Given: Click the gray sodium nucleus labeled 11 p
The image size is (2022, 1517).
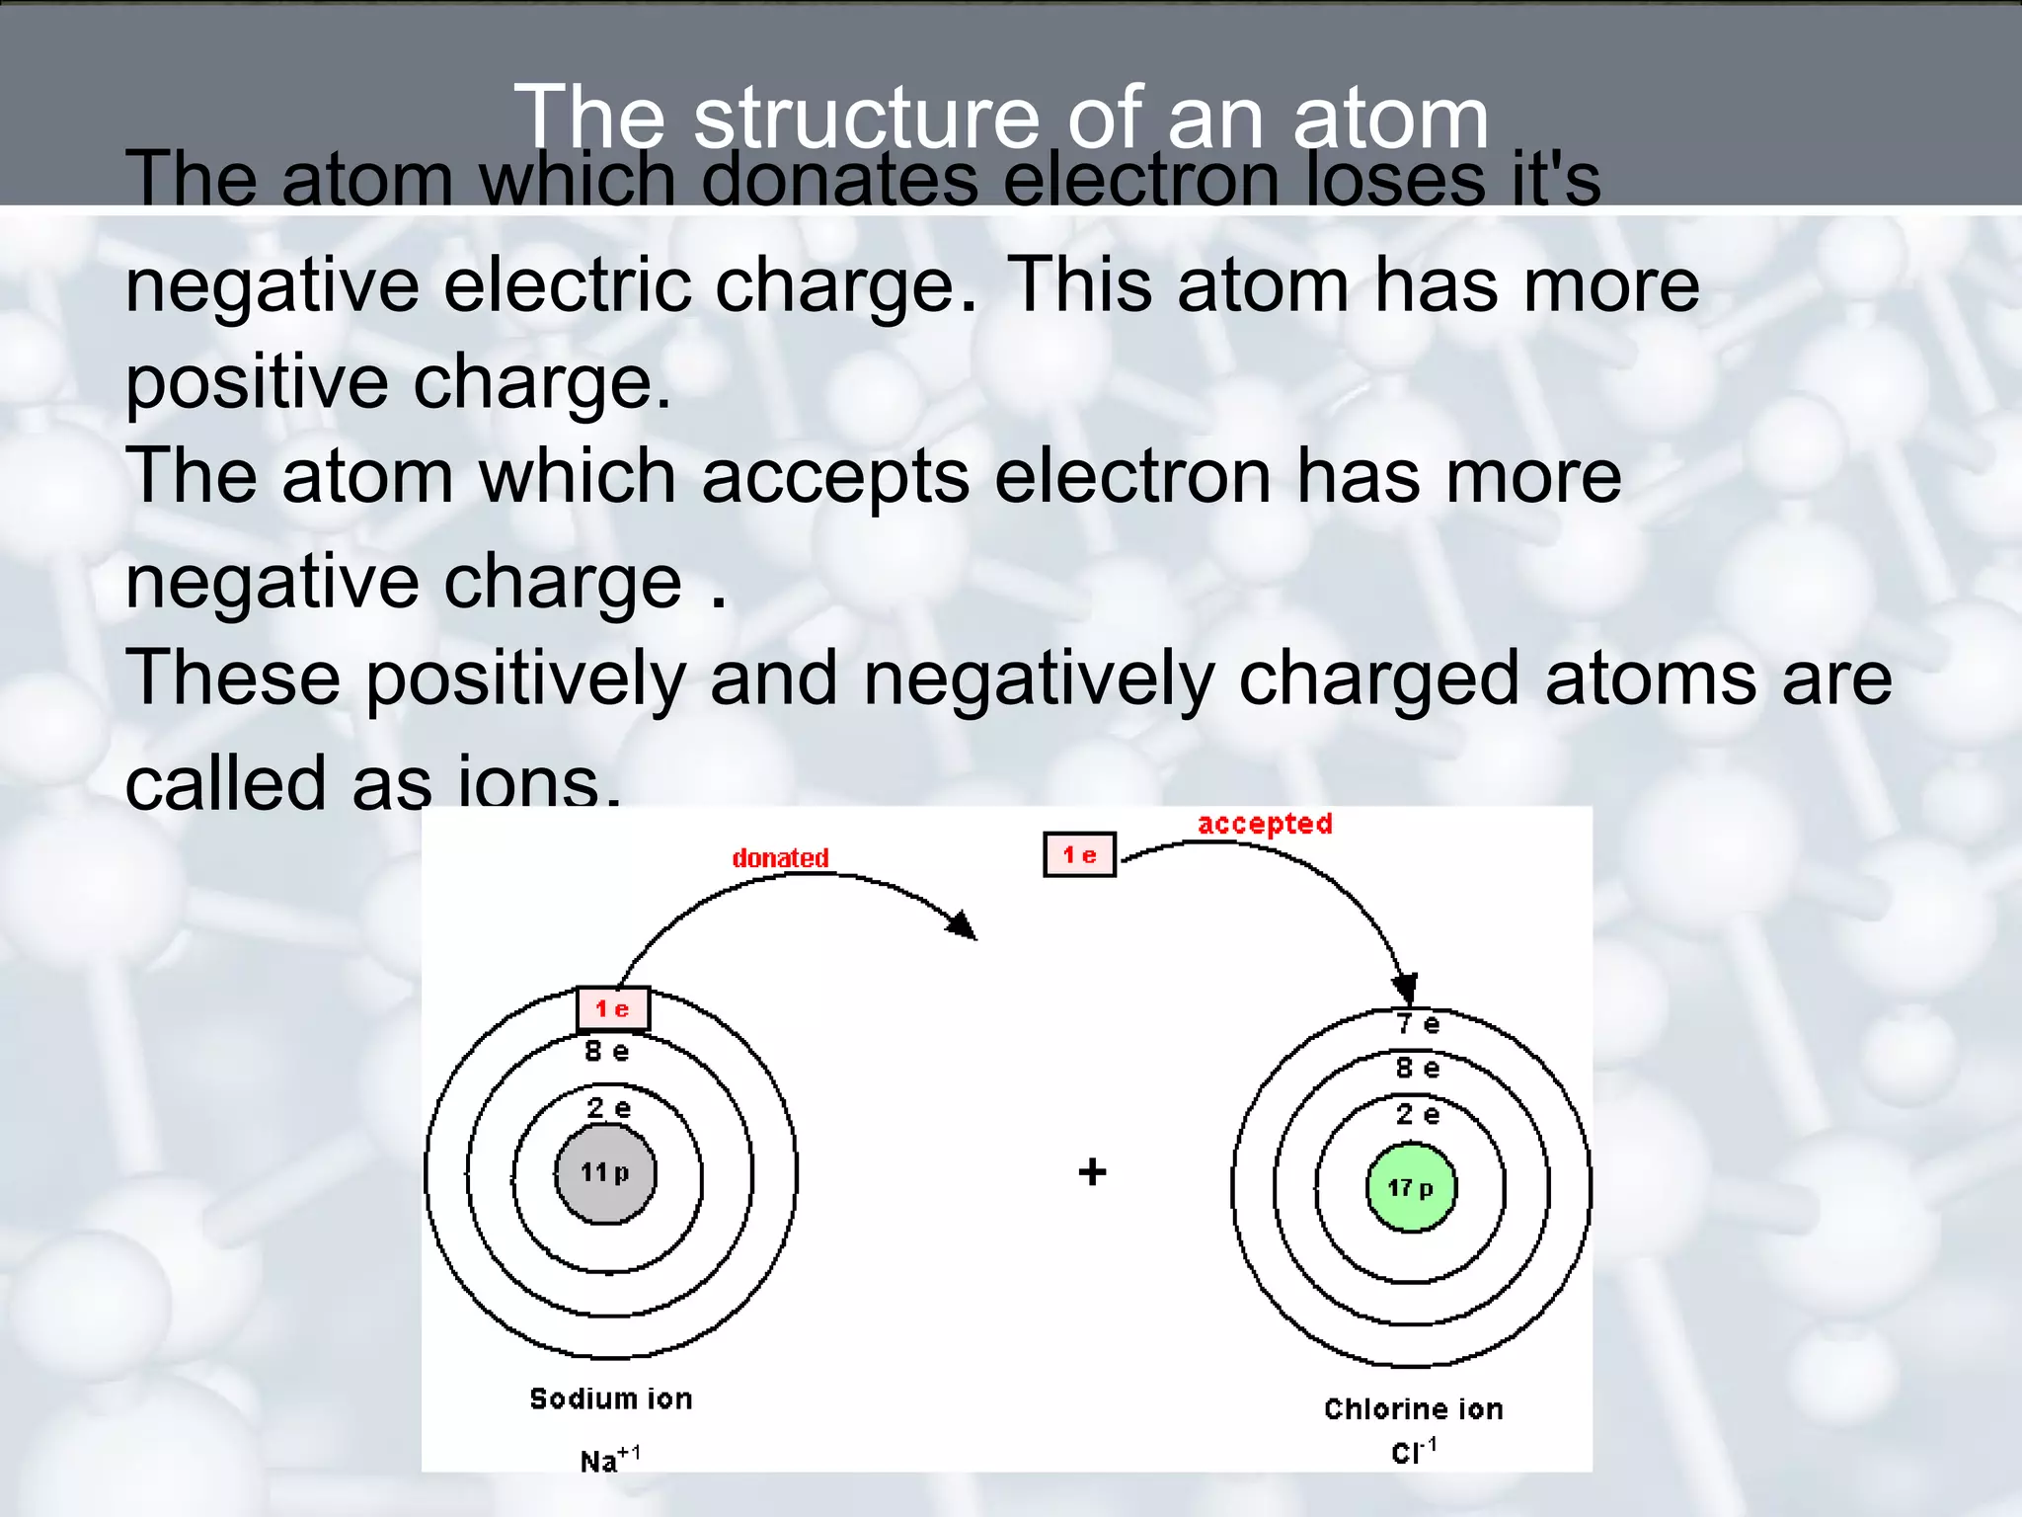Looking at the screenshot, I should pyautogui.click(x=605, y=1173).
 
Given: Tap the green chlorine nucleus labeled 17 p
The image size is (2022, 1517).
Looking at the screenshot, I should pyautogui.click(x=1411, y=1188).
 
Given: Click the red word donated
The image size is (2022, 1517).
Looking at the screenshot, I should pyautogui.click(x=780, y=858).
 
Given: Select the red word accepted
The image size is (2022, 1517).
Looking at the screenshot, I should pyautogui.click(x=1265, y=824).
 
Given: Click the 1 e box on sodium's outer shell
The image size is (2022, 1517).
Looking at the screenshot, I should pyautogui.click(x=613, y=1008).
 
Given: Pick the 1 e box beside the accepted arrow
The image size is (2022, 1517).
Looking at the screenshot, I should pyautogui.click(x=1079, y=855).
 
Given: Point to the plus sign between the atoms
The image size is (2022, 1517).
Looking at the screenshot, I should pyautogui.click(x=1092, y=1172).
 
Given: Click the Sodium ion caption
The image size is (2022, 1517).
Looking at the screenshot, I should pyautogui.click(x=611, y=1398).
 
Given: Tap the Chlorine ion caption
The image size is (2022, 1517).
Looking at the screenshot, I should pyautogui.click(x=1413, y=1409).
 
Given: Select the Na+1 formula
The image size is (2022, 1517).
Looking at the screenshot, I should pyautogui.click(x=609, y=1460).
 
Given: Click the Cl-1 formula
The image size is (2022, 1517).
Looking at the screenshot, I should pyautogui.click(x=1413, y=1452).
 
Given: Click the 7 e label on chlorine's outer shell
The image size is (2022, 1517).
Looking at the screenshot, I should pyautogui.click(x=1418, y=1024).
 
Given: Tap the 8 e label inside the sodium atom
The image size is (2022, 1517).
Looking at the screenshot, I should pyautogui.click(x=606, y=1052).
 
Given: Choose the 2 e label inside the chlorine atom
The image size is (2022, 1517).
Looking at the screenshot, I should pyautogui.click(x=1418, y=1115).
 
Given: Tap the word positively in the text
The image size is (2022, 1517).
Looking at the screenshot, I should pyautogui.click(x=525, y=679).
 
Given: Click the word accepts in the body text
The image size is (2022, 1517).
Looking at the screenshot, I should pyautogui.click(x=835, y=477).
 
